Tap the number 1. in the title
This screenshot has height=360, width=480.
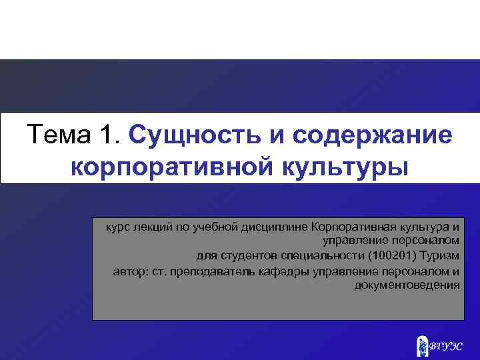point(109,135)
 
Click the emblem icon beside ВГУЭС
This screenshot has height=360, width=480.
point(422,344)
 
